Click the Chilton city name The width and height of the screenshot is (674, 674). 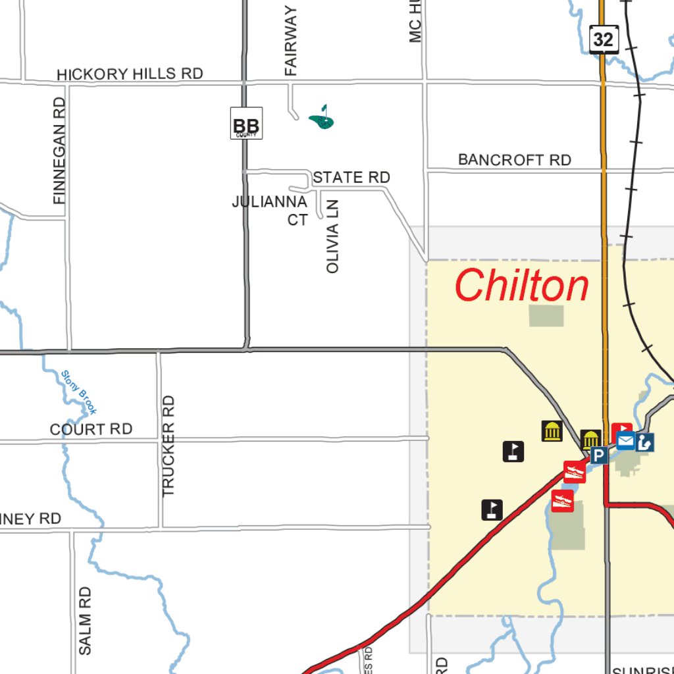click(x=521, y=286)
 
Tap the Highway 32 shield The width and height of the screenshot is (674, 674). click(x=603, y=39)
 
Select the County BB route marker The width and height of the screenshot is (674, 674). click(x=246, y=124)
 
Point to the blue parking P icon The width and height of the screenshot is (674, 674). click(x=598, y=455)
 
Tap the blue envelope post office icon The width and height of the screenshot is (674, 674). click(x=625, y=441)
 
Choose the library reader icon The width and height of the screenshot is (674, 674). click(x=644, y=442)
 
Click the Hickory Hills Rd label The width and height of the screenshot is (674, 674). click(x=130, y=74)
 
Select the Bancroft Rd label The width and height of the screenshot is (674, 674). click(x=514, y=160)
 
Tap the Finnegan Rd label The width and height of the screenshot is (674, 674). click(x=60, y=150)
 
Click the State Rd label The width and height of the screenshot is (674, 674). click(x=351, y=178)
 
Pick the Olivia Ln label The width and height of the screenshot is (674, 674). click(x=333, y=236)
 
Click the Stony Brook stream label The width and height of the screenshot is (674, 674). click(x=79, y=392)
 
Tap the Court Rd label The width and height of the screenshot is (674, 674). click(x=91, y=429)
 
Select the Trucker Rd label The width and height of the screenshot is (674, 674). click(x=168, y=445)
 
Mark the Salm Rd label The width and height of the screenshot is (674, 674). click(x=85, y=620)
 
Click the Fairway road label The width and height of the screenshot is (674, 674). click(x=291, y=41)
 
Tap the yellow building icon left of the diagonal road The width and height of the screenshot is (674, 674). click(x=552, y=431)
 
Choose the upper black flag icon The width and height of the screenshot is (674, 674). click(x=513, y=451)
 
